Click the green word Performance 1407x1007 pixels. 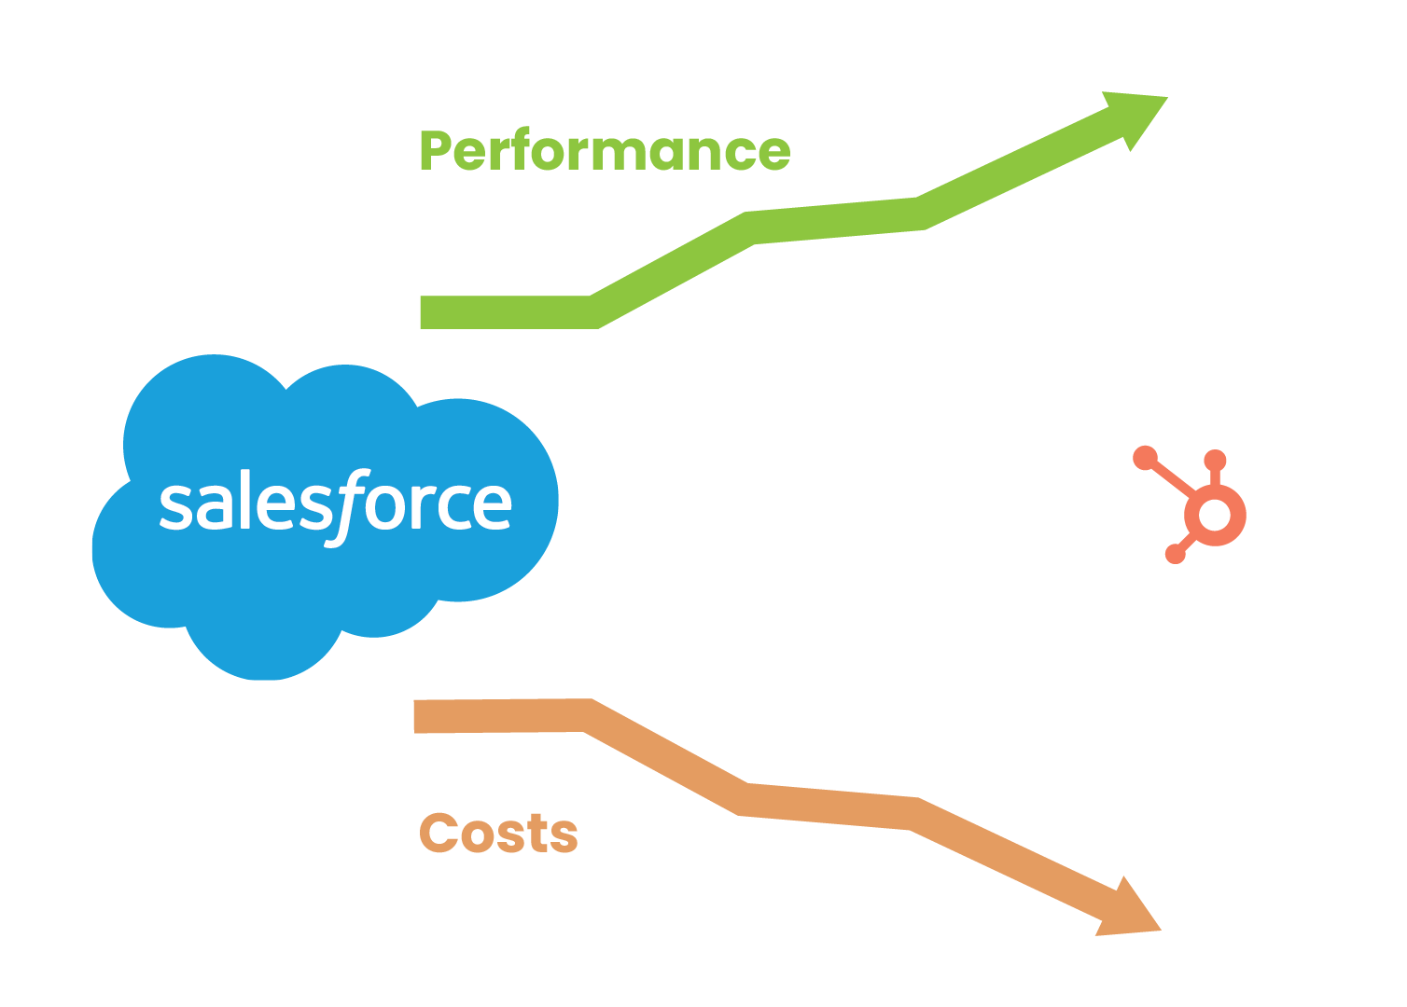pyautogui.click(x=605, y=151)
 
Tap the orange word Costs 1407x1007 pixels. pyautogui.click(x=499, y=833)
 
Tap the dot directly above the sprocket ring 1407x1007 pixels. pyautogui.click(x=1215, y=461)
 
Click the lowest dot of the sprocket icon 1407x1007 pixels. pyautogui.click(x=1176, y=555)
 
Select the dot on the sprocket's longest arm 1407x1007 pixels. pyautogui.click(x=1145, y=458)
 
